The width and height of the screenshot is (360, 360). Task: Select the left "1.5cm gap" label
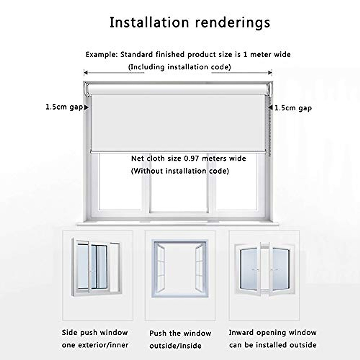pyautogui.click(x=64, y=107)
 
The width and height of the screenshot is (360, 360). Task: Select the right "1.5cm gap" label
pyautogui.click(x=293, y=108)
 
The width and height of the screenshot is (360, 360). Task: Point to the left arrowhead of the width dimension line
pyautogui.click(x=85, y=72)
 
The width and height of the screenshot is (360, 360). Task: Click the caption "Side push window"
pyautogui.click(x=95, y=332)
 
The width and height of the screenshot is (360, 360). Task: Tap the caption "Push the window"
pyautogui.click(x=180, y=333)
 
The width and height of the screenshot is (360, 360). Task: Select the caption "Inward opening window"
pyautogui.click(x=272, y=332)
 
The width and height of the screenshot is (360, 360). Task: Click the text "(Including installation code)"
pyautogui.click(x=180, y=67)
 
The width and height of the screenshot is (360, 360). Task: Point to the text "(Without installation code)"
pyautogui.click(x=180, y=171)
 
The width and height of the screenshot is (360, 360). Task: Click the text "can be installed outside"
pyautogui.click(x=272, y=345)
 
